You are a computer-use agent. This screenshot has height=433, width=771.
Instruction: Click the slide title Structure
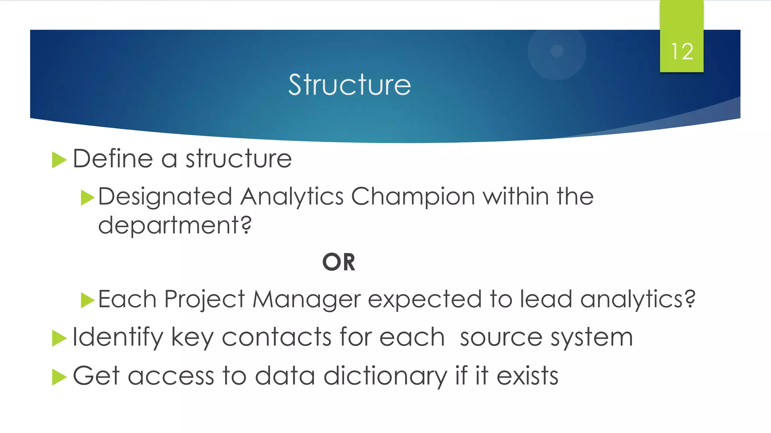click(349, 85)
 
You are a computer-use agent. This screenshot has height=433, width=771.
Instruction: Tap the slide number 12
click(682, 51)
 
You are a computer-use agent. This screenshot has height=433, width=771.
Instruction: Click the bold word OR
click(339, 262)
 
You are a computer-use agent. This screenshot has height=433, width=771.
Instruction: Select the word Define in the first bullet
click(113, 158)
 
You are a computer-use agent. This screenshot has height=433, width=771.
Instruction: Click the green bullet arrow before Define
click(59, 160)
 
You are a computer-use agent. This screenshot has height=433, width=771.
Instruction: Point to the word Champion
click(413, 197)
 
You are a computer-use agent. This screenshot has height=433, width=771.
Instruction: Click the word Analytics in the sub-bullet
click(292, 197)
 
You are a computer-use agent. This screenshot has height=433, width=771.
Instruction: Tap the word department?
click(175, 226)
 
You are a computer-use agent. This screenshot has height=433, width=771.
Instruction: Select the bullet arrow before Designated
click(87, 198)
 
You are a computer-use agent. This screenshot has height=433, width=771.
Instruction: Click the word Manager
click(306, 299)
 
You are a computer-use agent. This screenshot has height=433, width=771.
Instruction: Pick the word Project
click(205, 299)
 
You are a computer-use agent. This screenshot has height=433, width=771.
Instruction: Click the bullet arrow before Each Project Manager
click(87, 300)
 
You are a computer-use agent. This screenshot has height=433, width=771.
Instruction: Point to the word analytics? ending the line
click(638, 299)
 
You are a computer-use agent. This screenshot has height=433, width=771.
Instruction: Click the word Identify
click(117, 337)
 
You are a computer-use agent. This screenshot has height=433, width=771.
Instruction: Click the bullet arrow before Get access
click(59, 377)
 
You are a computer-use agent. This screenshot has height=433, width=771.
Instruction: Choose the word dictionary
click(385, 376)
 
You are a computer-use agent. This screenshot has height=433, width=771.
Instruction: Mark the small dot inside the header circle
click(557, 51)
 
